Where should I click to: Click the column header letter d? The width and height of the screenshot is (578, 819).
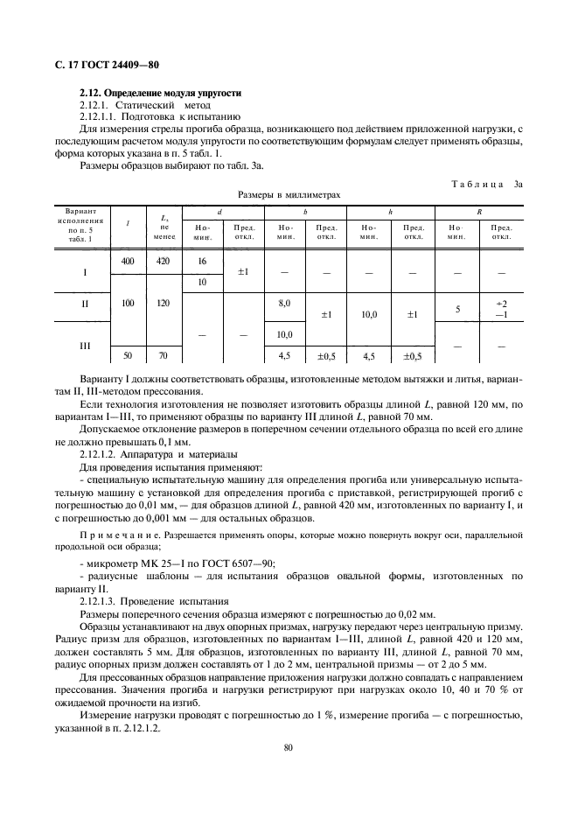pos(219,212)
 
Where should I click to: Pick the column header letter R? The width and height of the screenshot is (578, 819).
pos(479,212)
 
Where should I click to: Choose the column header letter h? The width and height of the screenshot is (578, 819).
pos(390,212)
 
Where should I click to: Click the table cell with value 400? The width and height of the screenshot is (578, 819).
pos(128,261)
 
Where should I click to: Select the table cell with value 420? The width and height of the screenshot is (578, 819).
pos(163,261)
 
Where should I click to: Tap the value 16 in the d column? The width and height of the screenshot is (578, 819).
pos(203,261)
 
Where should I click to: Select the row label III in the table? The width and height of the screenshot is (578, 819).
pos(85,346)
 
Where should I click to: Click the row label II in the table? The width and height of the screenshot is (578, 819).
pos(85,304)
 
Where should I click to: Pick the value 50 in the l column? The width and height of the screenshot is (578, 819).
pos(128,356)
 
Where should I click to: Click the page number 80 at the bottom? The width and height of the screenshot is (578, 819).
pos(289,746)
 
